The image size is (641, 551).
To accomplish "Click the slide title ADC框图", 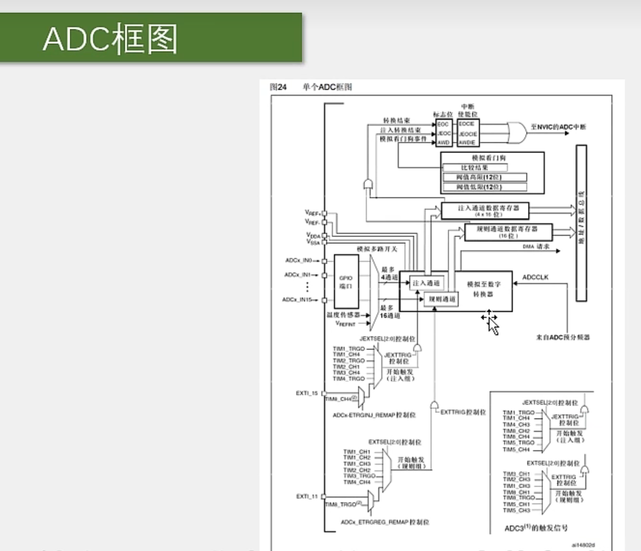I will tap(110, 39).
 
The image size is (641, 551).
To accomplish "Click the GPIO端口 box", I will tap(346, 281).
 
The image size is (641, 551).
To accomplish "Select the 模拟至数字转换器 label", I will tap(483, 289).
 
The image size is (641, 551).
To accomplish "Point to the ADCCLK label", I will tap(535, 277).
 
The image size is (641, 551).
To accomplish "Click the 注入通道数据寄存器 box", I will tap(485, 210).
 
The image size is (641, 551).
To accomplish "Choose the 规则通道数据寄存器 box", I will tap(508, 231).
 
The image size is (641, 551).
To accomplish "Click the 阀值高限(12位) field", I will tap(485, 177).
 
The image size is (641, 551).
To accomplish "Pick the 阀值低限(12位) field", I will tap(485, 187).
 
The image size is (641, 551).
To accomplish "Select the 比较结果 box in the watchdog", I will tap(475, 168).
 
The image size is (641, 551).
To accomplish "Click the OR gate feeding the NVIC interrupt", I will tap(516, 132).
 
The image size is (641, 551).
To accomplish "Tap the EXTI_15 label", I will tap(307, 393).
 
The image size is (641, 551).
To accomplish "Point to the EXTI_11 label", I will tap(307, 496).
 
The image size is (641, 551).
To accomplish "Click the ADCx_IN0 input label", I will tap(299, 261).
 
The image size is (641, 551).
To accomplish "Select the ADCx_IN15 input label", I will tap(297, 300).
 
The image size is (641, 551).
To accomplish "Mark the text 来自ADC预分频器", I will tap(563, 337).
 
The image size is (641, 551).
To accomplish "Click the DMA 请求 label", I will tap(536, 247).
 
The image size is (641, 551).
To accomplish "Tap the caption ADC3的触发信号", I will tap(536, 528).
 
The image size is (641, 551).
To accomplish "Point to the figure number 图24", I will tap(278, 87).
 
